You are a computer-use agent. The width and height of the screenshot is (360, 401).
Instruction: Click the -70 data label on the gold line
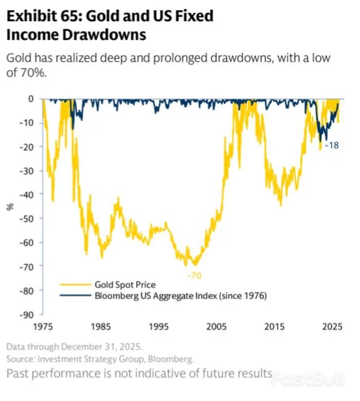pos(194,276)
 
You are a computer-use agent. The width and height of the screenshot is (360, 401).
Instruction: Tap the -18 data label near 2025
pos(331,145)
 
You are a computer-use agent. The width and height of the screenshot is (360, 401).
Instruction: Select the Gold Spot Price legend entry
pos(124,284)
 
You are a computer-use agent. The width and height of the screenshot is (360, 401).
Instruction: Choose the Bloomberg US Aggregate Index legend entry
pos(180,296)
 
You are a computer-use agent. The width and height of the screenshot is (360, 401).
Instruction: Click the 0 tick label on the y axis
pos(31,98)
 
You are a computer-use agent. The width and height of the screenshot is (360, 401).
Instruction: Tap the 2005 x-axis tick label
pos(217,326)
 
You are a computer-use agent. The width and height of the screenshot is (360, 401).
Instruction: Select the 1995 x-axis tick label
pos(159,326)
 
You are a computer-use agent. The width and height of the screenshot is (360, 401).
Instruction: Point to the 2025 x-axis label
pos(332,326)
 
